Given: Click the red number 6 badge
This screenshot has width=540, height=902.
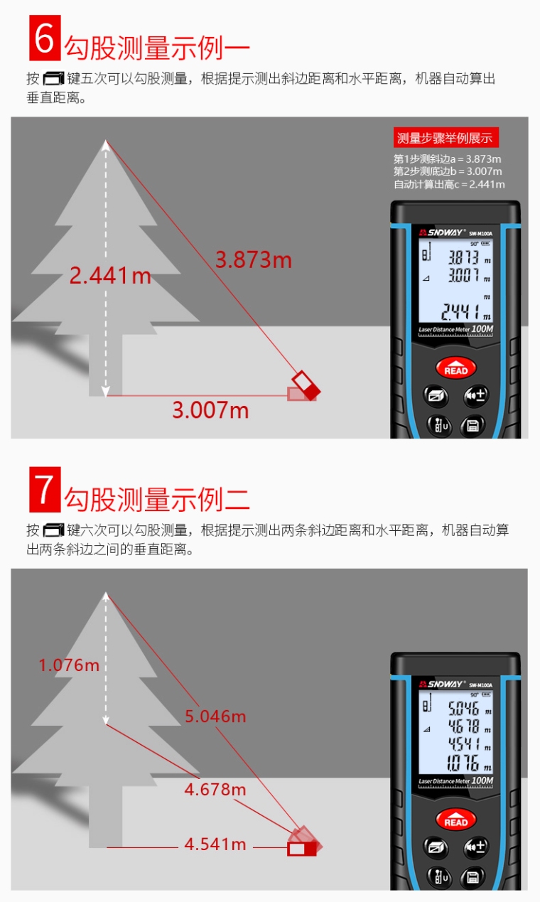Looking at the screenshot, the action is click(45, 38).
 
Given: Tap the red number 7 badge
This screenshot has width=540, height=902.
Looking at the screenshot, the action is click(45, 490).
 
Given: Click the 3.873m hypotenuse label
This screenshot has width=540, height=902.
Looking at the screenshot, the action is click(254, 259).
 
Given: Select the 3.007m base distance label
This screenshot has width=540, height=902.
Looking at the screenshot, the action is click(210, 410).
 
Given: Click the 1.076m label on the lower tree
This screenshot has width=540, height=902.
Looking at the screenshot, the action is click(69, 665).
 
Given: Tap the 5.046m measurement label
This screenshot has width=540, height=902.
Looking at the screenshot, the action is click(215, 716).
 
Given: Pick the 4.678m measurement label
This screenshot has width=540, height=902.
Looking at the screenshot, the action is click(215, 789).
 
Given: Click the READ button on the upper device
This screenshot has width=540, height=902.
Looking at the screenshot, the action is click(456, 367).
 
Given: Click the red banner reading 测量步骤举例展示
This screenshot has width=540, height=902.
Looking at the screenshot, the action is click(445, 138).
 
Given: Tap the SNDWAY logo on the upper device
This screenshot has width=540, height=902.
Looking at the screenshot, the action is click(441, 232).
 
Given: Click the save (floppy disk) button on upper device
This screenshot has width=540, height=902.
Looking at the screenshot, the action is click(472, 425).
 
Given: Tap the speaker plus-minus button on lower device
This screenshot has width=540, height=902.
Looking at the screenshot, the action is click(477, 847).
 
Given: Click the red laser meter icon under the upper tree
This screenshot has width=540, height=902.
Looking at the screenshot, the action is click(304, 387).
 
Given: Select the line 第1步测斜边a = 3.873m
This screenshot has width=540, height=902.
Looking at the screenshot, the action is click(448, 159).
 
